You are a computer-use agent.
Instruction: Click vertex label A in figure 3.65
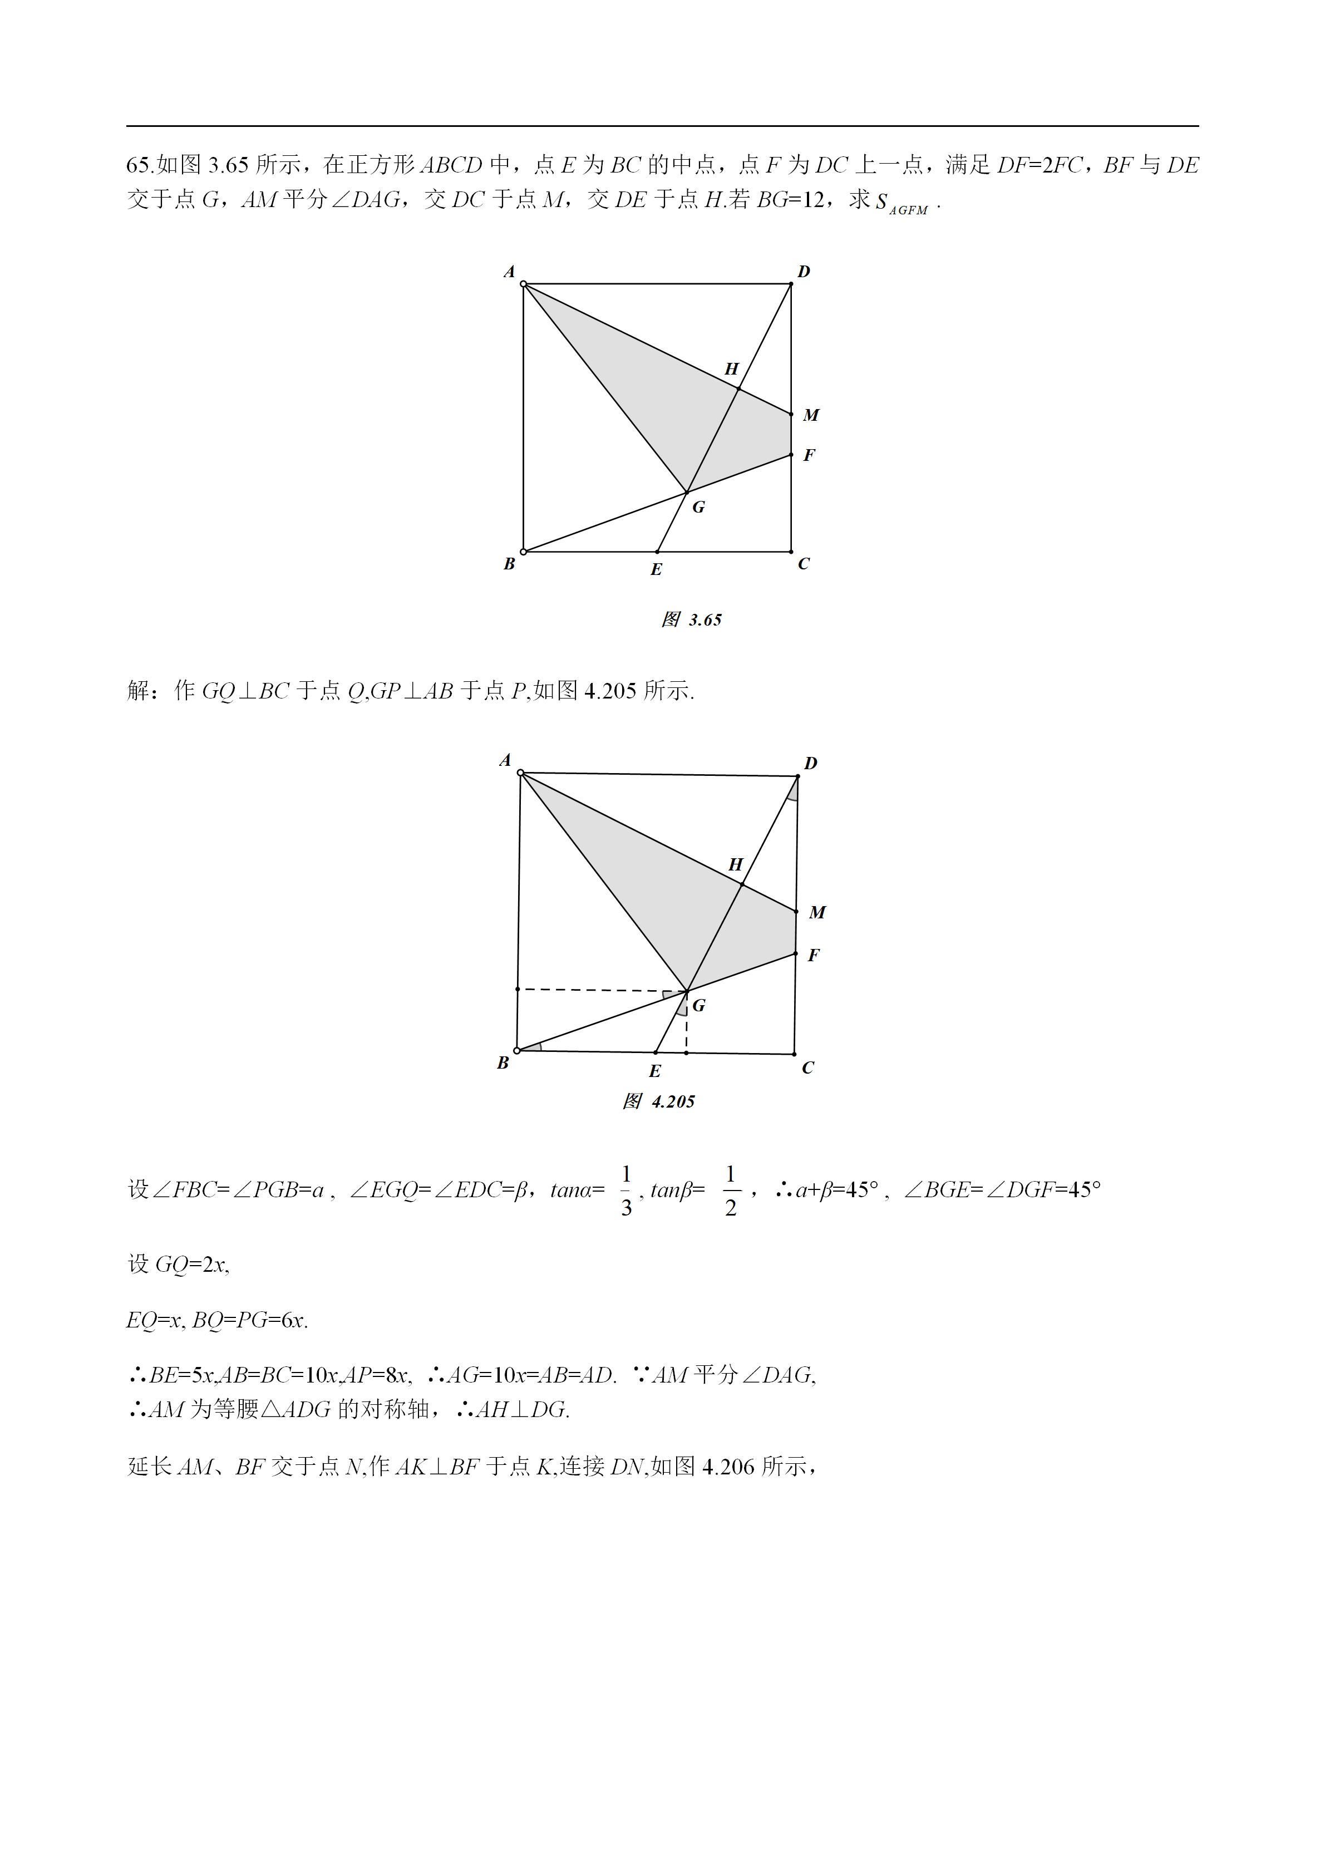coord(509,272)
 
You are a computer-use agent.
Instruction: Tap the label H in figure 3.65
coord(732,369)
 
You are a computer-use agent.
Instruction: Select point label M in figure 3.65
coord(811,415)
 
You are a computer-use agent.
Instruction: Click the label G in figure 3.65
coord(698,508)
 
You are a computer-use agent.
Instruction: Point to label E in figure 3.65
coord(656,570)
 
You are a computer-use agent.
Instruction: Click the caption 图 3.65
coord(691,621)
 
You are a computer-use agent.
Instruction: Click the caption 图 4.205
coord(658,1102)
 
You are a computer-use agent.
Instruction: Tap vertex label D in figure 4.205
coord(810,763)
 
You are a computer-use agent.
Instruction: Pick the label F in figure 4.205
coord(814,955)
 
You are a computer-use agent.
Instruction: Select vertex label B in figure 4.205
coord(503,1063)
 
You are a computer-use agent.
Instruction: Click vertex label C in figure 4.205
coord(807,1068)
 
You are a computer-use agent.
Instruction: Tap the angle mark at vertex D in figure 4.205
coord(793,790)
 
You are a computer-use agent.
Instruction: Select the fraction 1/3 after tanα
coord(626,1191)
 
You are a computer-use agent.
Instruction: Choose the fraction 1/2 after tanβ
coord(730,1191)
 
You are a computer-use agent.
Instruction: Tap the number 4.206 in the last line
coord(728,1467)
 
